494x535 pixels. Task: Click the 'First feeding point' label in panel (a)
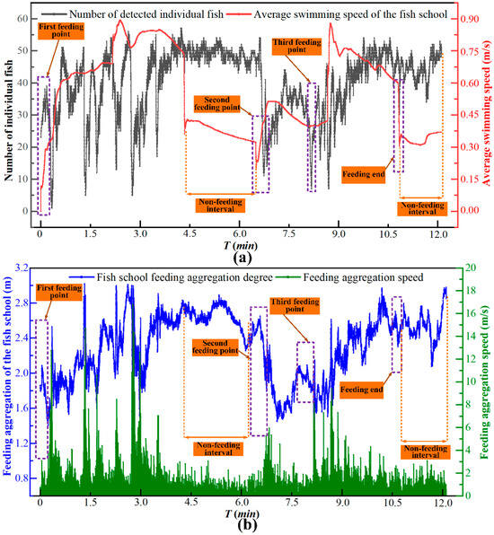[61, 31]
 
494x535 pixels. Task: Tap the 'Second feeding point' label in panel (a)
[216, 104]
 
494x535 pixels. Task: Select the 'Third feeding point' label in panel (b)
[295, 306]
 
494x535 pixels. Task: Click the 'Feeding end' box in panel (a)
[364, 174]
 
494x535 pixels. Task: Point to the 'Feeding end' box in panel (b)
[362, 390]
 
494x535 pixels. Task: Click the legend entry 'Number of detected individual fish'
[132, 14]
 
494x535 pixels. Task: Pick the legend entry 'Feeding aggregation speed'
[349, 277]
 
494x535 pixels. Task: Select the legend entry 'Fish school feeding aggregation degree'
[171, 277]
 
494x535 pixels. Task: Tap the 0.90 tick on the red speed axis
[470, 19]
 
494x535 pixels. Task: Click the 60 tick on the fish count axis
[22, 19]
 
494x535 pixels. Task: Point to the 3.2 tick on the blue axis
[22, 268]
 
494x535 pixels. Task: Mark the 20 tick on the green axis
[471, 267]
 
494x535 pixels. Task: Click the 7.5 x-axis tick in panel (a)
[289, 234]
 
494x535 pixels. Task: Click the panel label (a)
[242, 258]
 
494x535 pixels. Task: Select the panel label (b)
[247, 525]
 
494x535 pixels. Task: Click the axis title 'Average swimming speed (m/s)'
[486, 114]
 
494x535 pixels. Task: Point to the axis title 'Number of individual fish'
[8, 120]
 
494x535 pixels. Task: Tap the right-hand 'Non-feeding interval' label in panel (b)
[426, 452]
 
